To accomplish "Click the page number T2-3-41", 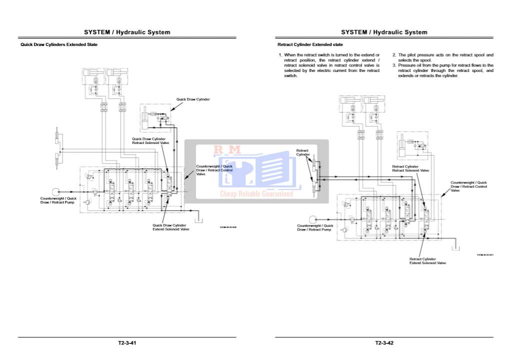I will point(127,343).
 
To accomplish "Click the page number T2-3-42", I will point(384,343).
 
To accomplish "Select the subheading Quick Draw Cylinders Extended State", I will point(58,44).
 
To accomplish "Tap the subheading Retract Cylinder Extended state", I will point(310,44).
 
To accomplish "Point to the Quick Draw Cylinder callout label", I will point(193,99).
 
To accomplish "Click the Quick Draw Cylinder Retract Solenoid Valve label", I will point(150,140).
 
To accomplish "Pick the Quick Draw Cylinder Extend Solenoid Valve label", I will point(170,227).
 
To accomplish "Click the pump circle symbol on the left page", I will point(55,191).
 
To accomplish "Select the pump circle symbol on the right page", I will point(313,219).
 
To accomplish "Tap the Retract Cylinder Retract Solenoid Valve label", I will point(410,168).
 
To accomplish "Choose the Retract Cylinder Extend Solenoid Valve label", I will point(427,261).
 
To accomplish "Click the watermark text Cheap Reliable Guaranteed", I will point(256,193).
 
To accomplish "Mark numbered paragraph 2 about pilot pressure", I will point(442,57).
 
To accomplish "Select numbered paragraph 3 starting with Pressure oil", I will point(443,70).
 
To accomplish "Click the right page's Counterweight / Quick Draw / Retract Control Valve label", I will point(468,186).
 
